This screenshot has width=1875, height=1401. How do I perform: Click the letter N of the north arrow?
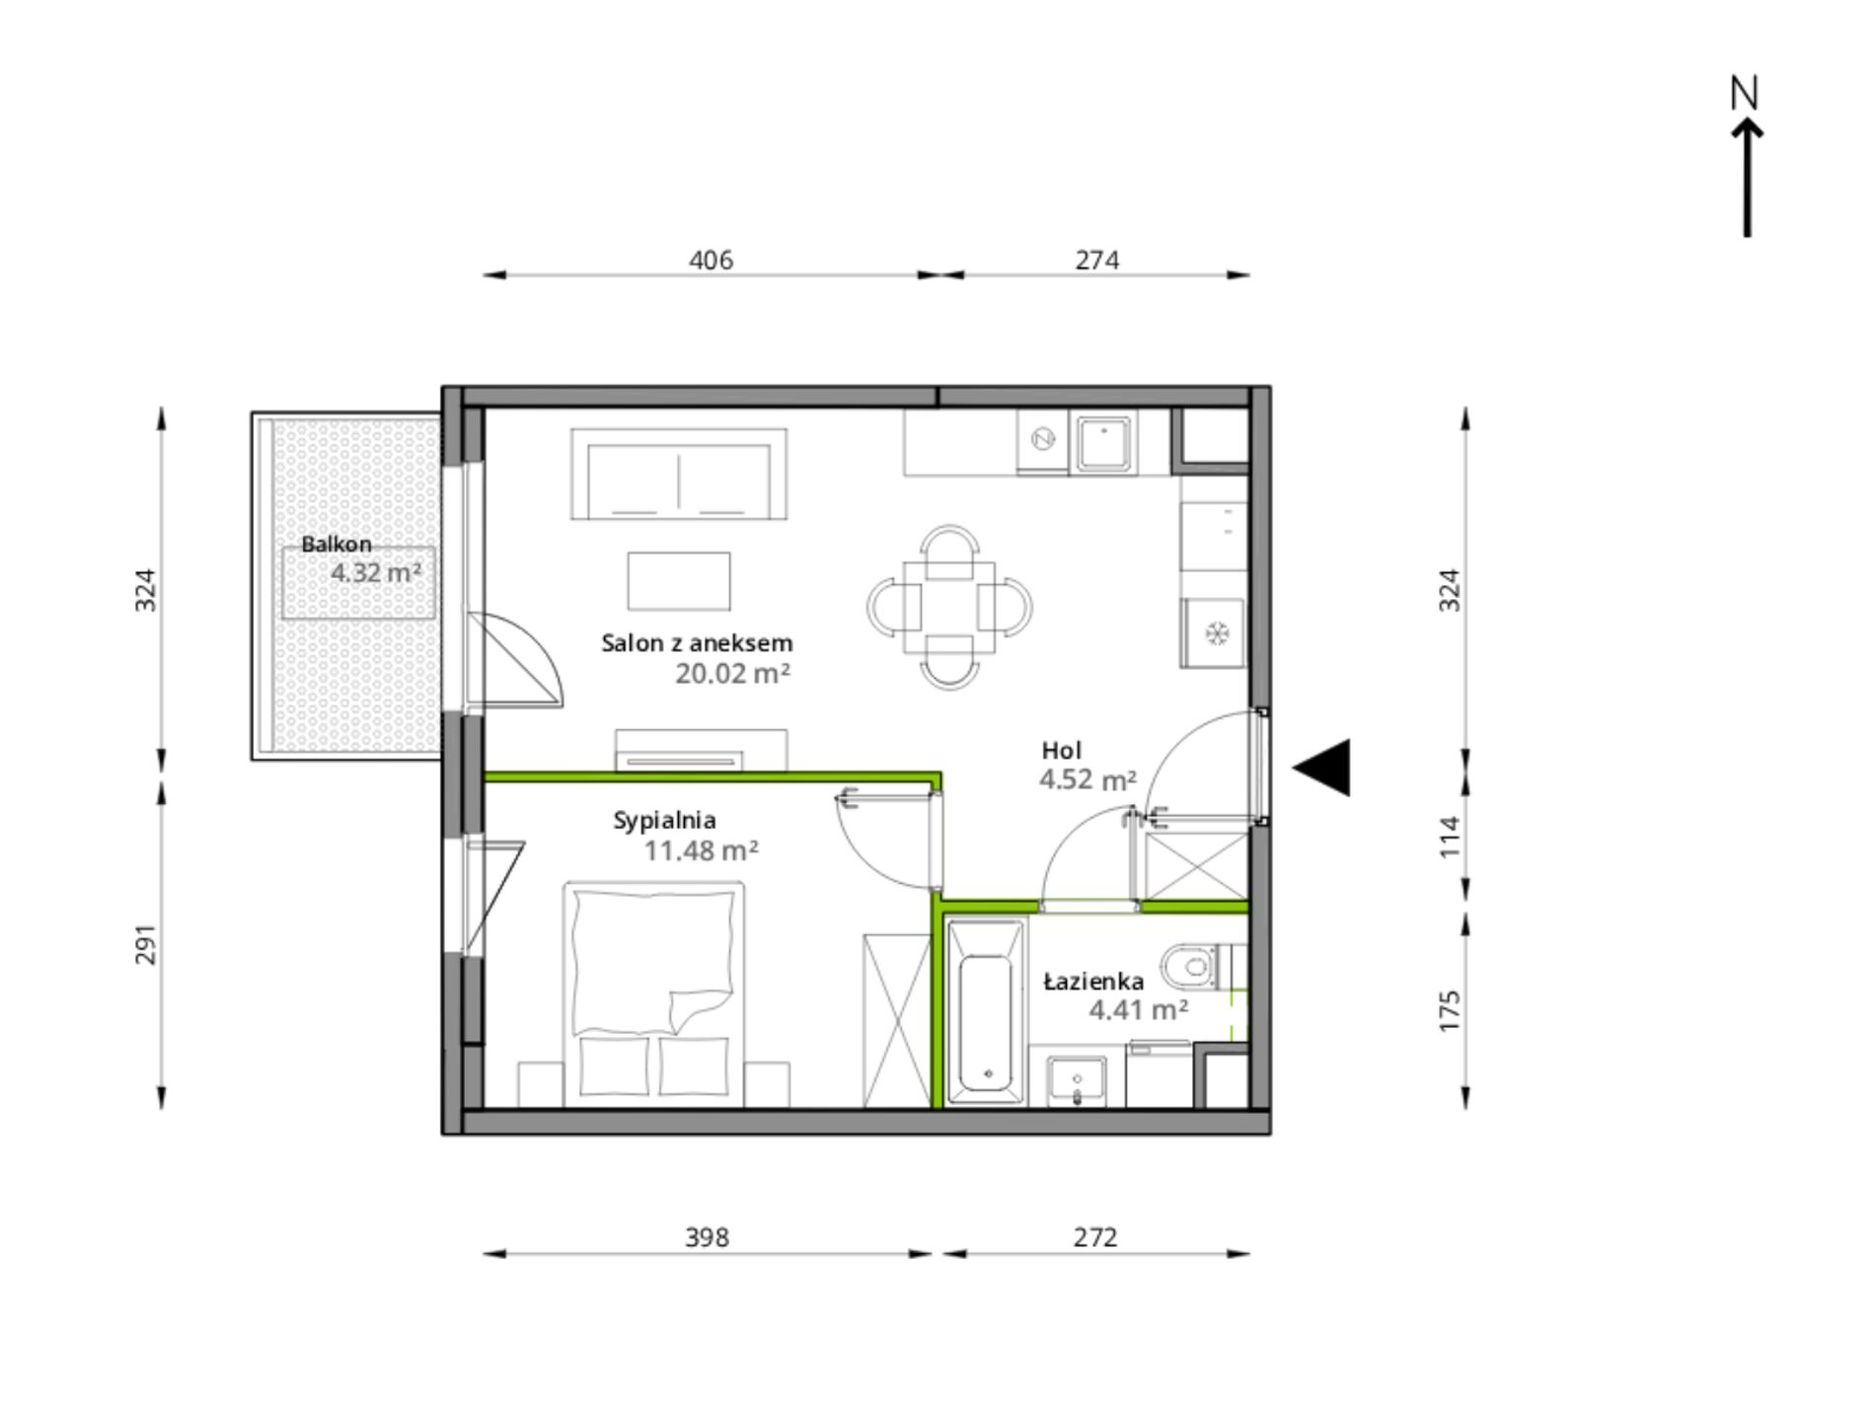pos(1745,93)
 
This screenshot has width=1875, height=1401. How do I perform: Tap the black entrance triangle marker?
pos(1322,768)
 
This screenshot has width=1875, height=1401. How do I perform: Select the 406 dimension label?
pos(711,260)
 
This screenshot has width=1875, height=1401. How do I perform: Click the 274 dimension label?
pos(1097,260)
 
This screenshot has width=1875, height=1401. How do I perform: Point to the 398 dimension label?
pos(708,1237)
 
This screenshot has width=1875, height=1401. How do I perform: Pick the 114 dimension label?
pos(1449,837)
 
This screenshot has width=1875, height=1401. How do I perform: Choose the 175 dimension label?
pos(1449,1011)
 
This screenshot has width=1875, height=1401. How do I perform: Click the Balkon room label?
pos(337,544)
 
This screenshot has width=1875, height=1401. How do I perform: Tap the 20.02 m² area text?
pos(733,674)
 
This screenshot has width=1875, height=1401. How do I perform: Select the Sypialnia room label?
pos(664,821)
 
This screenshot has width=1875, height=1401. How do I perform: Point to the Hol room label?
pos(1062,751)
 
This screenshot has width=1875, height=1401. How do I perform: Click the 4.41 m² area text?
pos(1139,1010)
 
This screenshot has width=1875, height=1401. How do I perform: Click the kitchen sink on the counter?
pos(1105,443)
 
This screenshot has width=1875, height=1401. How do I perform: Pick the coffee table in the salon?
pos(679,581)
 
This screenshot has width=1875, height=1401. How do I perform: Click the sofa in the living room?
pos(679,474)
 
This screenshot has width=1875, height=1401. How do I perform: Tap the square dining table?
pos(949,607)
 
